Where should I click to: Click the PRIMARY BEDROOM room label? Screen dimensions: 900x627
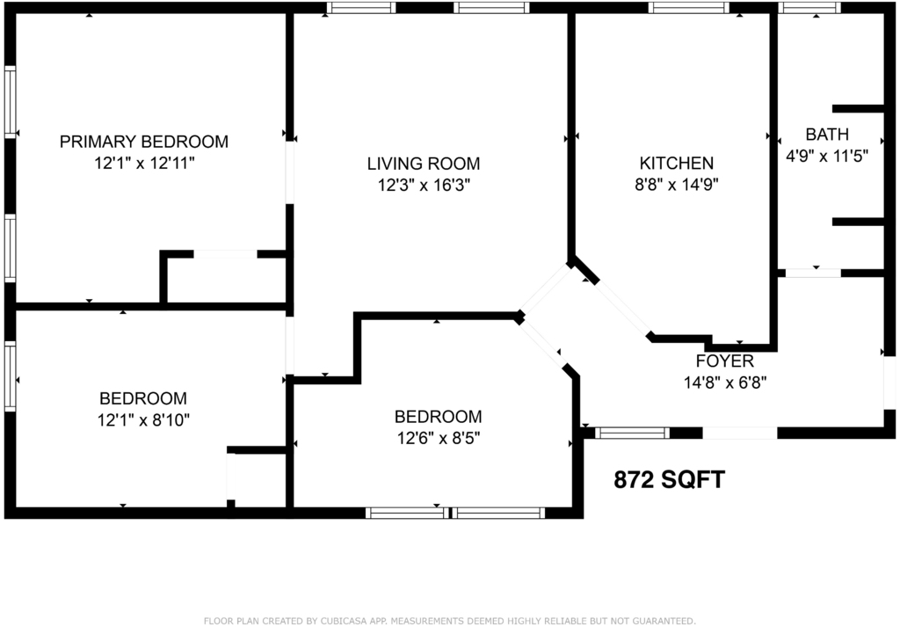pyautogui.click(x=144, y=142)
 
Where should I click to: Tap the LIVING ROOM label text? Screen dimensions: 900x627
pyautogui.click(x=424, y=164)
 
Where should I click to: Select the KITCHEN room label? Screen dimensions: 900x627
pyautogui.click(x=677, y=163)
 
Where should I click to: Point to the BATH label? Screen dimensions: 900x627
pyautogui.click(x=827, y=135)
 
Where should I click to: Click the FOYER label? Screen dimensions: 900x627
pyautogui.click(x=725, y=361)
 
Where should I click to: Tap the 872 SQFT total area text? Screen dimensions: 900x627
pyautogui.click(x=669, y=479)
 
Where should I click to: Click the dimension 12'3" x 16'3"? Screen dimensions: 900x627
pyautogui.click(x=424, y=186)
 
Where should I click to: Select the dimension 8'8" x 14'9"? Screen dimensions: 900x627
pyautogui.click(x=677, y=185)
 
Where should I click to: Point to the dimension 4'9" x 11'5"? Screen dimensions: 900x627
pyautogui.click(x=826, y=157)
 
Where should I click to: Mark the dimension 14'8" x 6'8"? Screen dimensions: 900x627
pyautogui.click(x=725, y=383)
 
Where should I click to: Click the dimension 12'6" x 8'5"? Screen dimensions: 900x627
pyautogui.click(x=439, y=439)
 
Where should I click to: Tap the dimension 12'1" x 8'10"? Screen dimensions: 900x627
pyautogui.click(x=143, y=420)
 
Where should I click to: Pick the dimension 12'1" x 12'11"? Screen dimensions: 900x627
pyautogui.click(x=144, y=164)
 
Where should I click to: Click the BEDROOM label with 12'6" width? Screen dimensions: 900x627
pyautogui.click(x=438, y=417)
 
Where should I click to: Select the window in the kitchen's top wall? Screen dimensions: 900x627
pyautogui.click(x=689, y=8)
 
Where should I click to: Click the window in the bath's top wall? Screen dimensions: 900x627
pyautogui.click(x=809, y=8)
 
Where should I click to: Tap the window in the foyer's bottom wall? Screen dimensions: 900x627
pyautogui.click(x=632, y=433)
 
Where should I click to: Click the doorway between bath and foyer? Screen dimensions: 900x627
pyautogui.click(x=813, y=273)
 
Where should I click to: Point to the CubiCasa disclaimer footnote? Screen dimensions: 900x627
pyautogui.click(x=450, y=621)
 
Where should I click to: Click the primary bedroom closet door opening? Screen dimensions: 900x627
pyautogui.click(x=225, y=254)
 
